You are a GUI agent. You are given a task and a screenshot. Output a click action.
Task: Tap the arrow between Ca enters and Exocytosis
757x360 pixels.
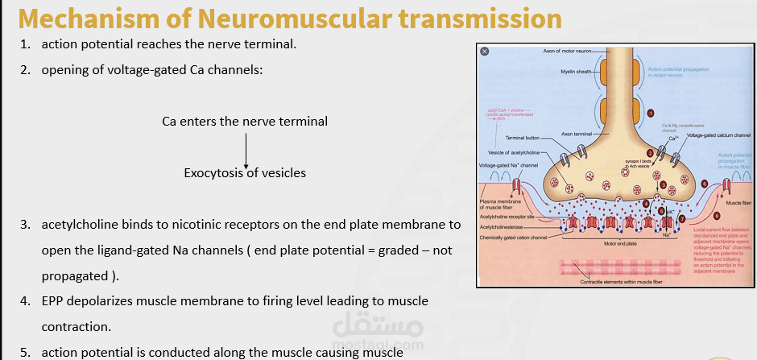(x=246, y=149)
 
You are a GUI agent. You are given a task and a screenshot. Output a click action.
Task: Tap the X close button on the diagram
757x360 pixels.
(x=485, y=51)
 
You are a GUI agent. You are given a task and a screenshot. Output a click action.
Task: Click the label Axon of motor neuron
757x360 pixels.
(x=568, y=52)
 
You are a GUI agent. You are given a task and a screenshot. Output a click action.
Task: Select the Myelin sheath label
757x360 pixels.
(x=576, y=72)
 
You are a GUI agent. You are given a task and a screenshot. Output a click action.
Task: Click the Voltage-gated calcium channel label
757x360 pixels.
(x=718, y=135)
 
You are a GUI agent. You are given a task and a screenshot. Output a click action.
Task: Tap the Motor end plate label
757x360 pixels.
(x=620, y=242)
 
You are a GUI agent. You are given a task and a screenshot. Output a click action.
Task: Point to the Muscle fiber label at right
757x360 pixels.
(x=738, y=204)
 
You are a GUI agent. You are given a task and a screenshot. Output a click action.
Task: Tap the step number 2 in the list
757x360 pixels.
(x=26, y=69)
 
